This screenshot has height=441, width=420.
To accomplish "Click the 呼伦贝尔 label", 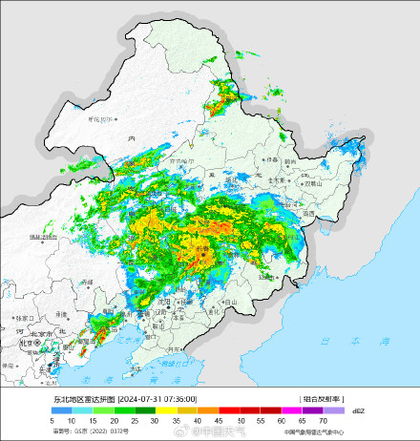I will tap(101, 119).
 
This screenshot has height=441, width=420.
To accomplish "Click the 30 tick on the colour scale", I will tap(155, 421).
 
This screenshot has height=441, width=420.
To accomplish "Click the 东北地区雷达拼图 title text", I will tap(83, 399).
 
